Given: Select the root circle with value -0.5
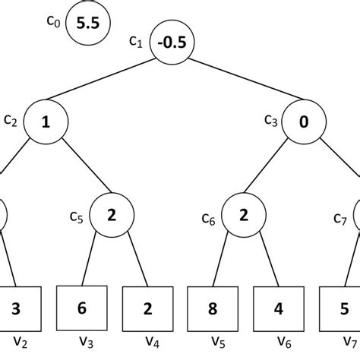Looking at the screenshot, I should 172,43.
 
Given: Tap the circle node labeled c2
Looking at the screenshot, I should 46,121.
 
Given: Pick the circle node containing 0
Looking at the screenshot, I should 305,121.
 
